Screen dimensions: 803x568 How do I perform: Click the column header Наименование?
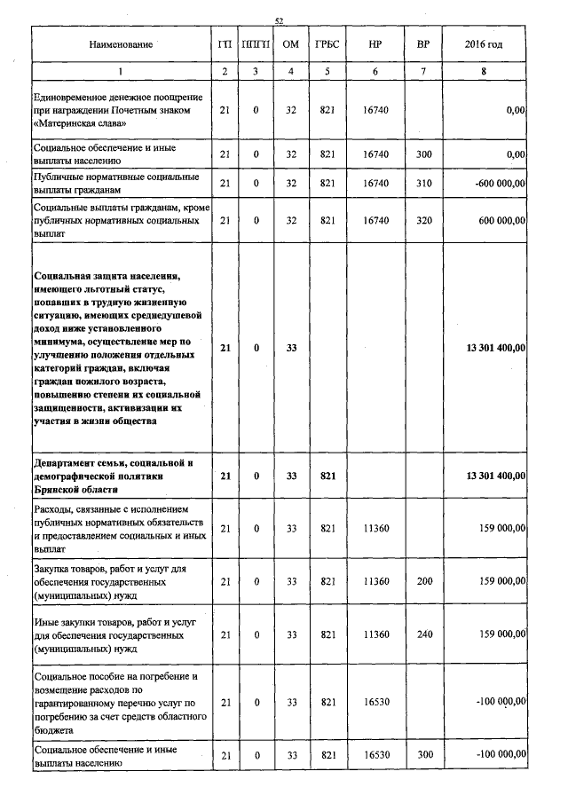[122, 43]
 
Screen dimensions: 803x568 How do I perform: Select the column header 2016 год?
[483, 43]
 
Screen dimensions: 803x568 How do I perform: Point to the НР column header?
[376, 43]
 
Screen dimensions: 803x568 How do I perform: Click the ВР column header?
[423, 43]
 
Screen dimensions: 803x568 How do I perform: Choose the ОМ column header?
[290, 43]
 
